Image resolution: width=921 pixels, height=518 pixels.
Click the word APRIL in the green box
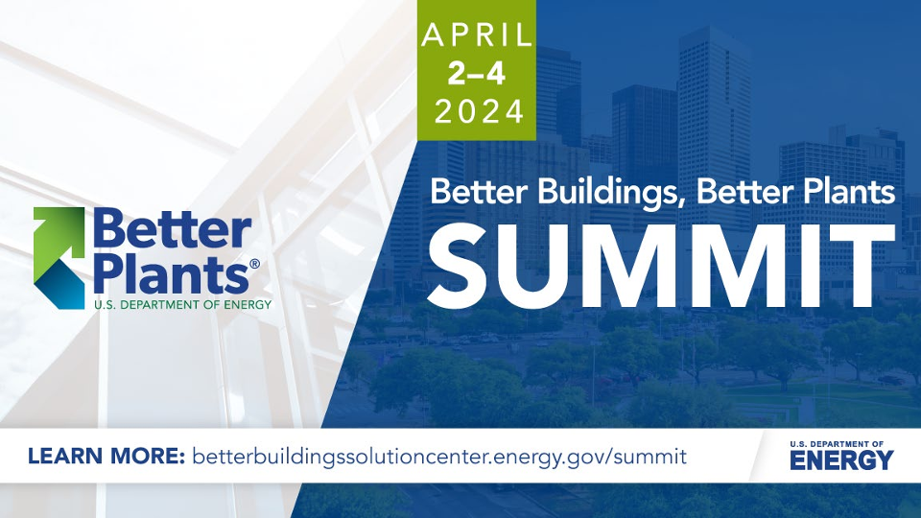click(x=477, y=35)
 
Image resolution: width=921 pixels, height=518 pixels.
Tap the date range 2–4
click(x=477, y=74)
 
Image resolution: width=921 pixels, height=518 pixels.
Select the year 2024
click(x=480, y=111)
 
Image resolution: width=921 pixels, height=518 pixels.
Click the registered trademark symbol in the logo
click(x=254, y=264)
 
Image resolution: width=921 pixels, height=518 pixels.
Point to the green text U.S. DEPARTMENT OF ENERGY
click(x=182, y=305)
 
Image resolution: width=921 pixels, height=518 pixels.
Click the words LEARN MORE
click(x=106, y=456)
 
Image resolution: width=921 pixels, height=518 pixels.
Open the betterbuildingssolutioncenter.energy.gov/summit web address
click(x=438, y=457)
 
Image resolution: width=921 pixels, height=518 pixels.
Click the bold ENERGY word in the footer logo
click(x=841, y=460)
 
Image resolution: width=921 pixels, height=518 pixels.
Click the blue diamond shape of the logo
click(x=59, y=284)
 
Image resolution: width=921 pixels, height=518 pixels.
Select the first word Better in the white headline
click(x=471, y=192)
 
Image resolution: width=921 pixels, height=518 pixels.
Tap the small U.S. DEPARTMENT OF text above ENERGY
click(x=837, y=444)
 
